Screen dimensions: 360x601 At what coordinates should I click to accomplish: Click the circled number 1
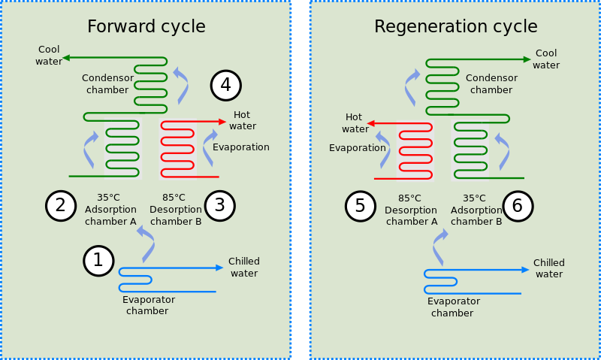point(98,261)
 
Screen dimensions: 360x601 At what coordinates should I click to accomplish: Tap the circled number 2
point(61,206)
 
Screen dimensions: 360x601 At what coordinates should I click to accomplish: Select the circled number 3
point(219,206)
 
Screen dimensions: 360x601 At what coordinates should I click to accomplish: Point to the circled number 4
point(225,86)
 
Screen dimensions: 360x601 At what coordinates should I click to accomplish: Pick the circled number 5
point(361,206)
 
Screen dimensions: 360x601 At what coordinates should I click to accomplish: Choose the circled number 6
point(518,206)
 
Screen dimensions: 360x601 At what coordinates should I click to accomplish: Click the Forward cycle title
point(146,27)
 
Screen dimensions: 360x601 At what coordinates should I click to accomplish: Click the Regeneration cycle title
point(455,27)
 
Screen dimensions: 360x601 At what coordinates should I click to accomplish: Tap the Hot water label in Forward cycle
point(243,120)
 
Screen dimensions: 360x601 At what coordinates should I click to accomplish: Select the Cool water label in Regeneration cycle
point(546,59)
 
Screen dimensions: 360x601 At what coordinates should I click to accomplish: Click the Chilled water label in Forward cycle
point(243,267)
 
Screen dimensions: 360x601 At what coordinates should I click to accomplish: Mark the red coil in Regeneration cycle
point(415,151)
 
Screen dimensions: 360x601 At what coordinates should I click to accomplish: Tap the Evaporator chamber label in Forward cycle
point(148,305)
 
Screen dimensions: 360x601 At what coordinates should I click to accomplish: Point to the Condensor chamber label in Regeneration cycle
point(491,83)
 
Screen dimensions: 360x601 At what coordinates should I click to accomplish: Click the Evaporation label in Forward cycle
point(240,147)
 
